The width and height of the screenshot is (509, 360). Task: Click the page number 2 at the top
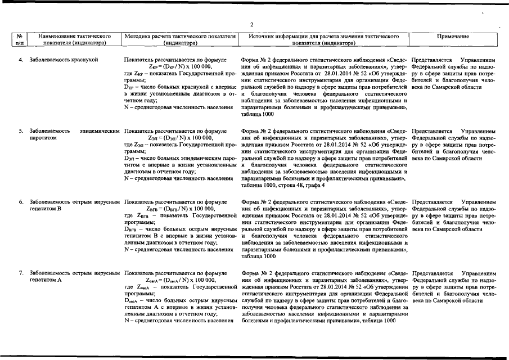pos(253,24)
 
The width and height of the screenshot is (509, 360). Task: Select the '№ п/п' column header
pos(20,39)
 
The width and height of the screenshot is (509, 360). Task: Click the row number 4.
pos(21,60)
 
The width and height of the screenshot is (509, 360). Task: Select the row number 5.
pos(21,131)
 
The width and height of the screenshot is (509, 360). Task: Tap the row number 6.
pos(21,202)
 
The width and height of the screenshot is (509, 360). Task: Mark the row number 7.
pos(21,273)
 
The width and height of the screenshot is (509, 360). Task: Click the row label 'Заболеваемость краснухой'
pos(64,60)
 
